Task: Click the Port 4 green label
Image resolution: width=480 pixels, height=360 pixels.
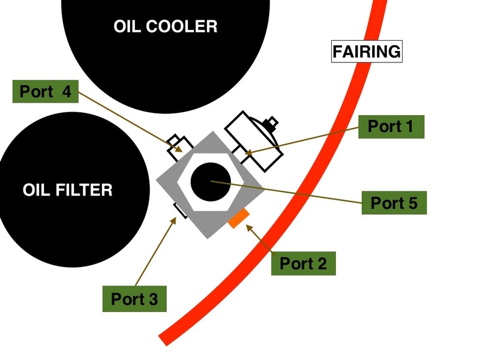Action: (x=45, y=91)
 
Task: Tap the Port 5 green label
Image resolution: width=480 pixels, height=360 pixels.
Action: (x=394, y=203)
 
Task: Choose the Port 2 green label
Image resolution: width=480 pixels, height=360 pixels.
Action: (x=303, y=263)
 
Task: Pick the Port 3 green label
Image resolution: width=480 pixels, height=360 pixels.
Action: (x=134, y=298)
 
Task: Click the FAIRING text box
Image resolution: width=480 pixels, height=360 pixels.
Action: (x=367, y=52)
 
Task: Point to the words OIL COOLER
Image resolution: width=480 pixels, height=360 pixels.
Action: (x=165, y=26)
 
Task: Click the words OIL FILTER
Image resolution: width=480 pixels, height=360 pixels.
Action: (x=67, y=190)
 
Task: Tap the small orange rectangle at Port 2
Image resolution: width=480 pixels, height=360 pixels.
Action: (x=239, y=218)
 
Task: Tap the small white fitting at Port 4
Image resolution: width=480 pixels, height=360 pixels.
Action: (x=179, y=143)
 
